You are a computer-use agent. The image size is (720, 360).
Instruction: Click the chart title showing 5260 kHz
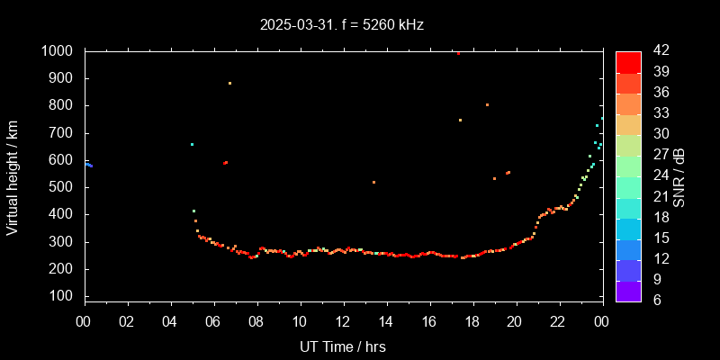tap(342, 25)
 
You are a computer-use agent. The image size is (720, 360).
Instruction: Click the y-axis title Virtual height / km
tap(13, 176)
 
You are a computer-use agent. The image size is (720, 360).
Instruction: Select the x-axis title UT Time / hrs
tap(343, 346)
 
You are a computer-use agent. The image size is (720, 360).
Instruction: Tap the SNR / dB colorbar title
tap(679, 176)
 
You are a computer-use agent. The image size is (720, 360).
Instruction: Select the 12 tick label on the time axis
tap(343, 321)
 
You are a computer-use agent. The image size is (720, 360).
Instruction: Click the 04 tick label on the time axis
tap(170, 321)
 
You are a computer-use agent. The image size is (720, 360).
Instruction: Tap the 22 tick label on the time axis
tap(558, 321)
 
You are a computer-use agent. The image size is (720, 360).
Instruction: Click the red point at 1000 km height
tap(458, 53)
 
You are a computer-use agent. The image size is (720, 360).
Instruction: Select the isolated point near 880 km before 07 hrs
tap(229, 83)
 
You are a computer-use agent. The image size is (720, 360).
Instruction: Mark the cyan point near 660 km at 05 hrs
tap(192, 144)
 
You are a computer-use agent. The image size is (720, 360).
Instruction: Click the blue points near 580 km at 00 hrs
tap(88, 165)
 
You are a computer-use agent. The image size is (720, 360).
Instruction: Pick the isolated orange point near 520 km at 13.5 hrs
tap(373, 182)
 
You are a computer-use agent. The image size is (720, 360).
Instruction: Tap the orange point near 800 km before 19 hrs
tap(487, 104)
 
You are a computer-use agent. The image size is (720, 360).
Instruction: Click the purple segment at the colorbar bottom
tap(628, 290)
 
